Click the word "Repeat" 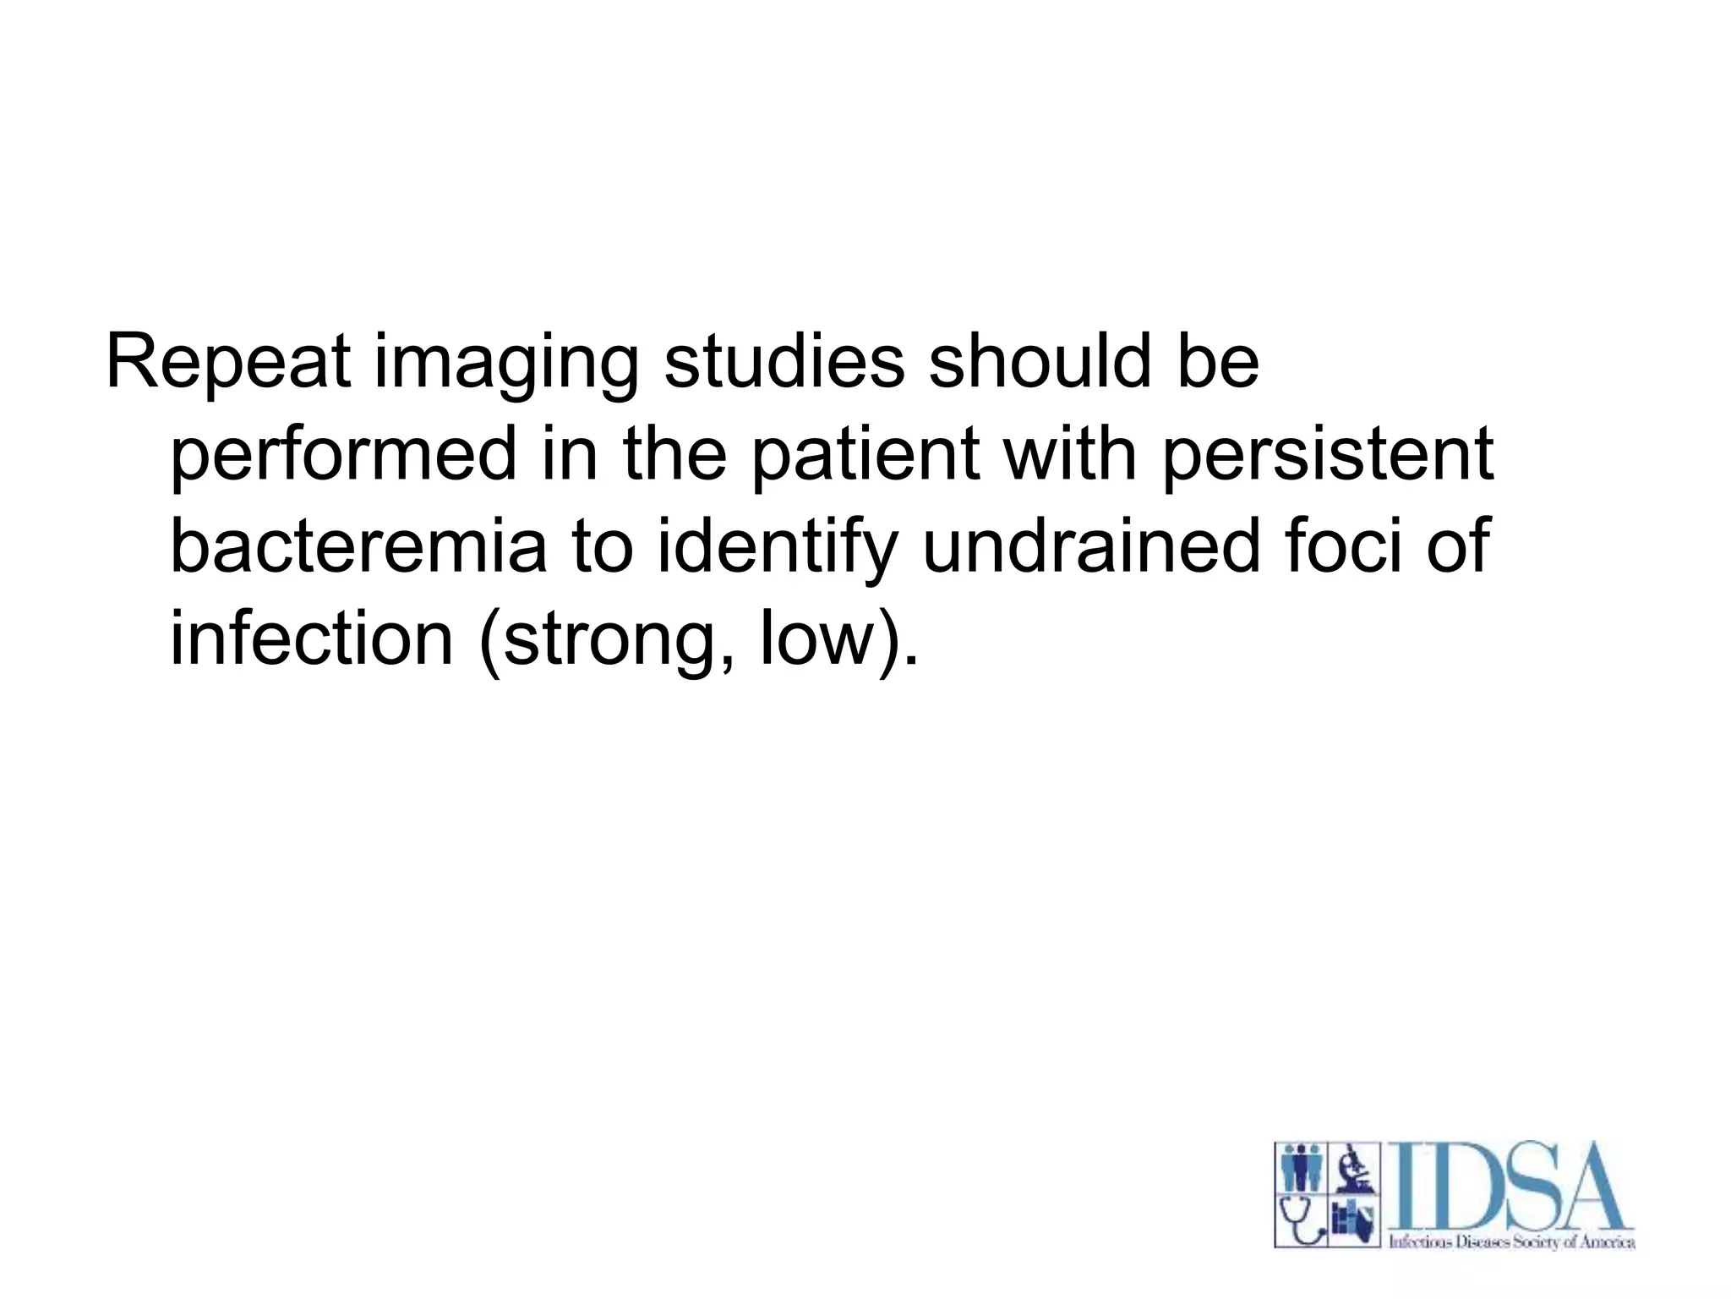click(227, 363)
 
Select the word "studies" click(784, 363)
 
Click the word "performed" click(343, 458)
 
